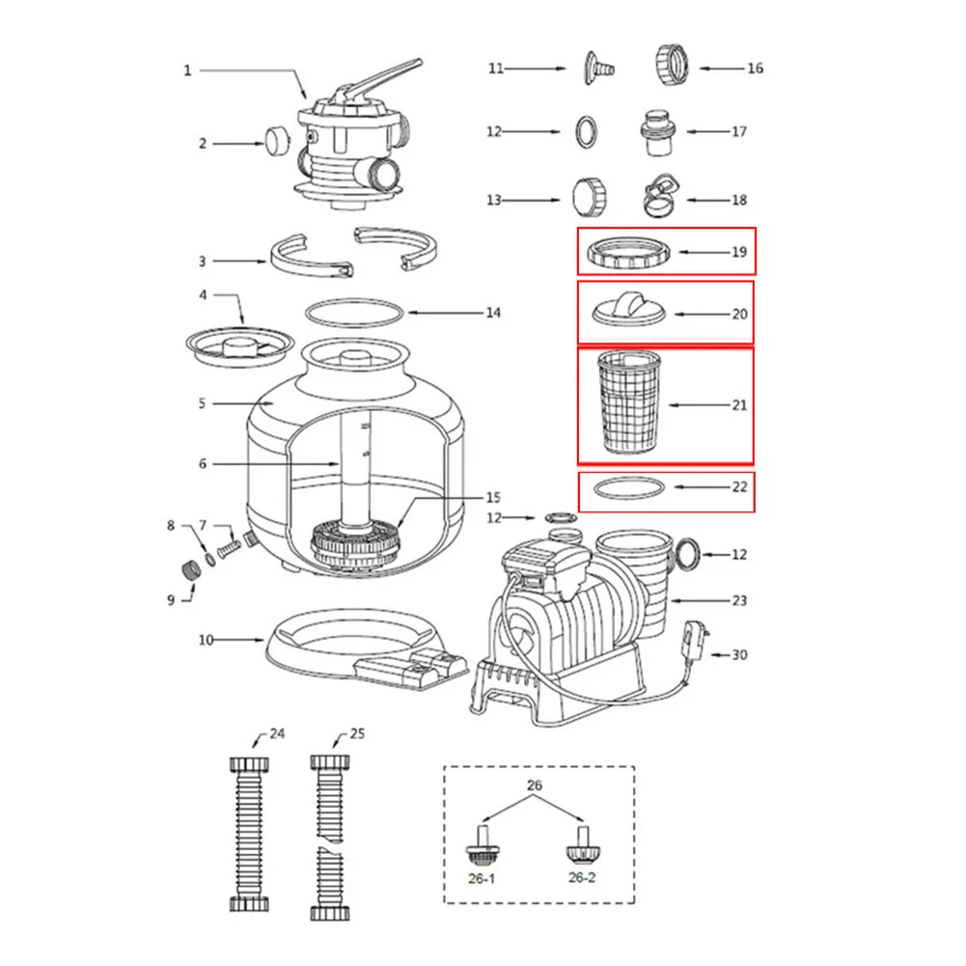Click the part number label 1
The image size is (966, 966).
[187, 69]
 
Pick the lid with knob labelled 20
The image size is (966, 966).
[628, 310]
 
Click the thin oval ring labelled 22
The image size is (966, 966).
[627, 488]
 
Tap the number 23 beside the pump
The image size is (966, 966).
[739, 600]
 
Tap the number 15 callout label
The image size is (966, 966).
[493, 498]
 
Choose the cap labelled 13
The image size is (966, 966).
[588, 196]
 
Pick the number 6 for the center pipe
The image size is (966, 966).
[203, 463]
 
